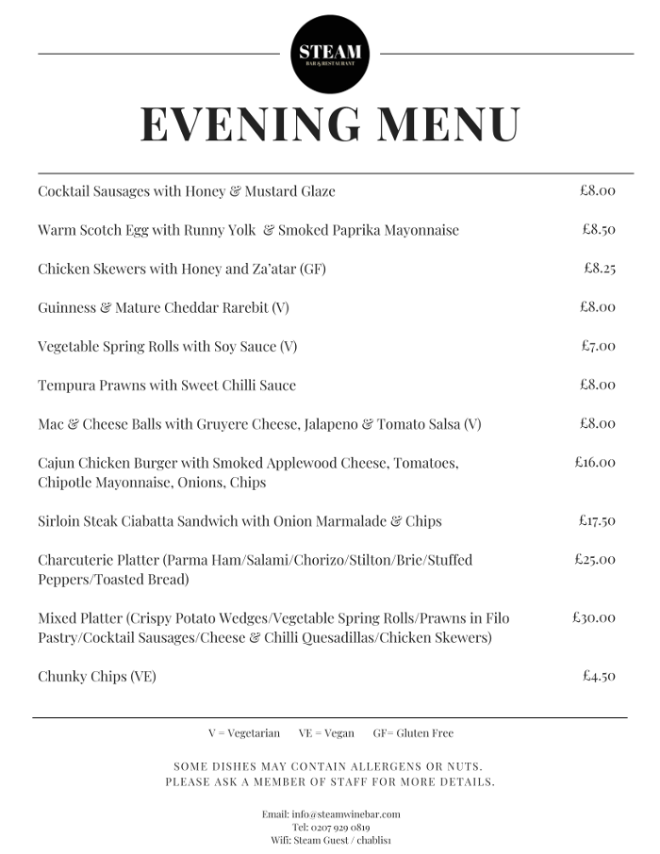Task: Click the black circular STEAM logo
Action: click(x=330, y=54)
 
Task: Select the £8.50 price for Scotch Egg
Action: click(x=599, y=229)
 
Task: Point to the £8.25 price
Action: click(x=600, y=268)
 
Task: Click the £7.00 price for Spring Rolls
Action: click(x=599, y=346)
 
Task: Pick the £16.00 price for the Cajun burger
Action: click(x=595, y=462)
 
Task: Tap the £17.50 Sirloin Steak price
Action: click(x=597, y=520)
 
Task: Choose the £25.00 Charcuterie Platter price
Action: click(x=595, y=559)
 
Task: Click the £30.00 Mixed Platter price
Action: click(x=594, y=617)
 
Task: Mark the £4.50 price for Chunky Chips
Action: click(x=600, y=676)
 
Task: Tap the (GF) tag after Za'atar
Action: click(x=313, y=269)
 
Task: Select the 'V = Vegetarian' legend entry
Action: click(x=244, y=732)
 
